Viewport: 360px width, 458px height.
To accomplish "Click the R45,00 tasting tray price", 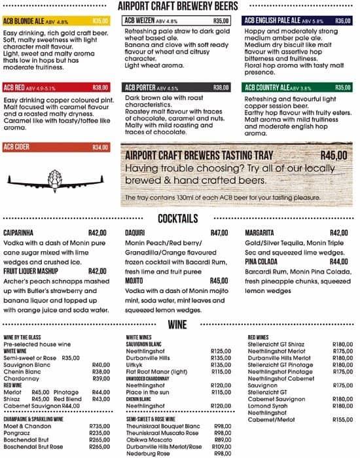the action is click(x=334, y=156).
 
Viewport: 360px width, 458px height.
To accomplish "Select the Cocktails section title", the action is click(x=179, y=219).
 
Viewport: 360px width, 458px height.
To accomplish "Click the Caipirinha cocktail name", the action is click(x=20, y=233).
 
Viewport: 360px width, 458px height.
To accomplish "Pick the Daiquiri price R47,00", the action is click(x=219, y=233).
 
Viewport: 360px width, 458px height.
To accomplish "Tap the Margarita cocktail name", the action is click(x=260, y=233).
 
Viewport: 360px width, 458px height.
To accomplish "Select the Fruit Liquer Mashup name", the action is click(x=33, y=271).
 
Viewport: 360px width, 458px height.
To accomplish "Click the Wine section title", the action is click(x=179, y=325).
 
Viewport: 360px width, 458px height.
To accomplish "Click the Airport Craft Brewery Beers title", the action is click(x=178, y=6).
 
